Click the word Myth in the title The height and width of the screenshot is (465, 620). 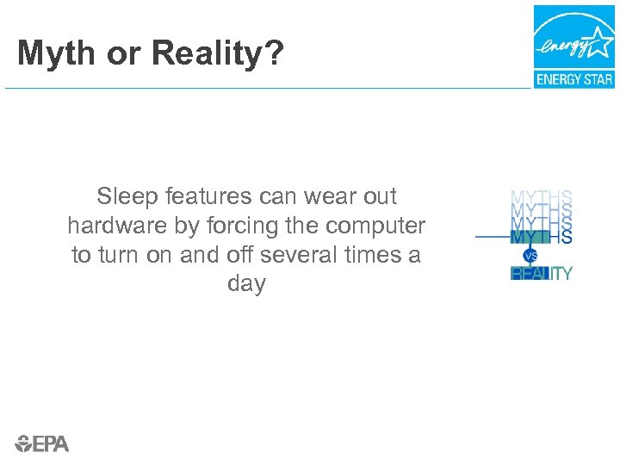[x=55, y=54]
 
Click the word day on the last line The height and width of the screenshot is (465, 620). [x=246, y=284]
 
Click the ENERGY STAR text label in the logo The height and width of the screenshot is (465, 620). [x=573, y=79]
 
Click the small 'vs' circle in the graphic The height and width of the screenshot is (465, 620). [x=530, y=256]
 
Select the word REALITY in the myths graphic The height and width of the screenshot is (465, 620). [x=542, y=274]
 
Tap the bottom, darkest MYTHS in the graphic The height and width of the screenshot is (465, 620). [x=542, y=236]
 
